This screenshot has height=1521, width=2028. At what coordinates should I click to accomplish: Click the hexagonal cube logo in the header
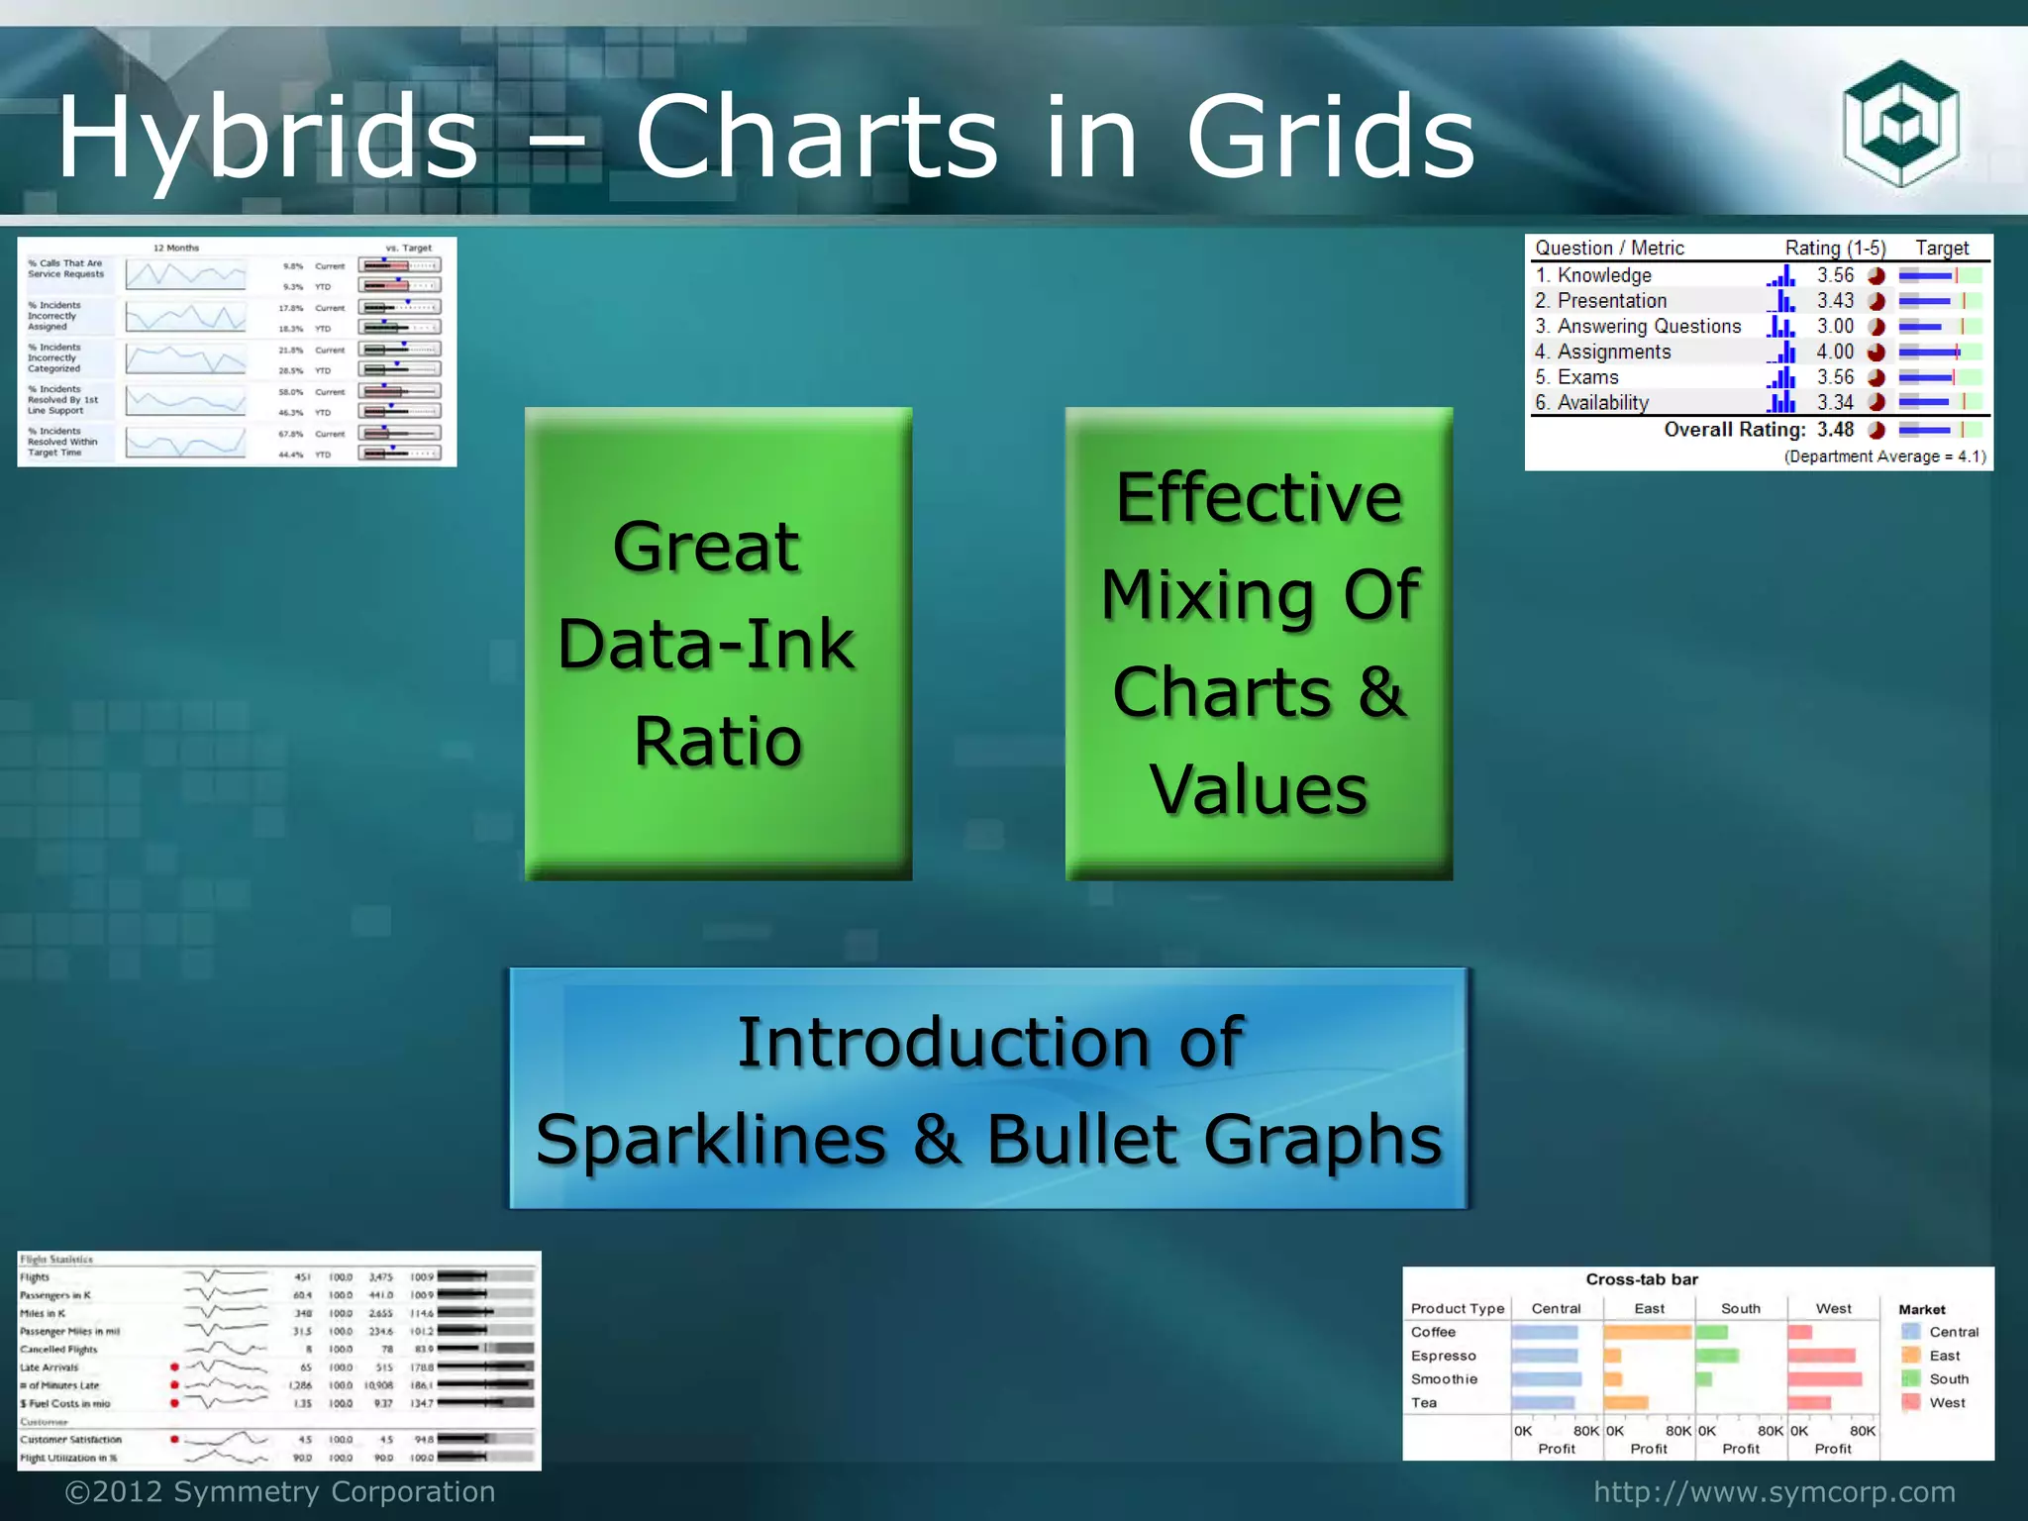[x=1899, y=124]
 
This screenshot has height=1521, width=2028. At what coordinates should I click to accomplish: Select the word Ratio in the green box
[x=718, y=742]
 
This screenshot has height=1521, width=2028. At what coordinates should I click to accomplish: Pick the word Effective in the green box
[x=1259, y=497]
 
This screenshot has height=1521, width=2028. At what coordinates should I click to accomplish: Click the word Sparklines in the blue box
[x=710, y=1139]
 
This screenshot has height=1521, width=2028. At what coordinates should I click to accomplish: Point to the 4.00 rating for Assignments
[x=1834, y=352]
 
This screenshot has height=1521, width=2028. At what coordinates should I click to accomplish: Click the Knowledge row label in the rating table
[x=1603, y=275]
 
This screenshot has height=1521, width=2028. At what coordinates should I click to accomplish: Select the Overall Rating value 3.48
[x=1834, y=430]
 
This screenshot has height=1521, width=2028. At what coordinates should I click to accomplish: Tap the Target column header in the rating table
[x=1941, y=249]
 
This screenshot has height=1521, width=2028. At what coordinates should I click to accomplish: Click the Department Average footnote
[x=1884, y=456]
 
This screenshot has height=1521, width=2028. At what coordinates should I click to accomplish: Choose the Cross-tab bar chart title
[x=1642, y=1279]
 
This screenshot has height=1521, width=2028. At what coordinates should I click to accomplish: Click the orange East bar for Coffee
[x=1647, y=1333]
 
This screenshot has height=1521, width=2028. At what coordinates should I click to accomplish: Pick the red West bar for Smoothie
[x=1824, y=1379]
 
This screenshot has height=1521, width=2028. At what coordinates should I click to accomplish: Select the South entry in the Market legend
[x=1947, y=1379]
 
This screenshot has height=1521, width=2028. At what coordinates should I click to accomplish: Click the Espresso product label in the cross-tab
[x=1443, y=1356]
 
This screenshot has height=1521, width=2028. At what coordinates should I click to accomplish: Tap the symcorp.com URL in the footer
[x=1774, y=1492]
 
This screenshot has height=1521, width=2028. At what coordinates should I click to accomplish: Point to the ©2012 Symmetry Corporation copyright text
[x=280, y=1492]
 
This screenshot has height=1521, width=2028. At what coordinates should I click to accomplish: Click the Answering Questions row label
[x=1648, y=327]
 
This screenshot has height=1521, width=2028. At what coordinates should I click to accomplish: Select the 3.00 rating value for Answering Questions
[x=1834, y=327]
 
